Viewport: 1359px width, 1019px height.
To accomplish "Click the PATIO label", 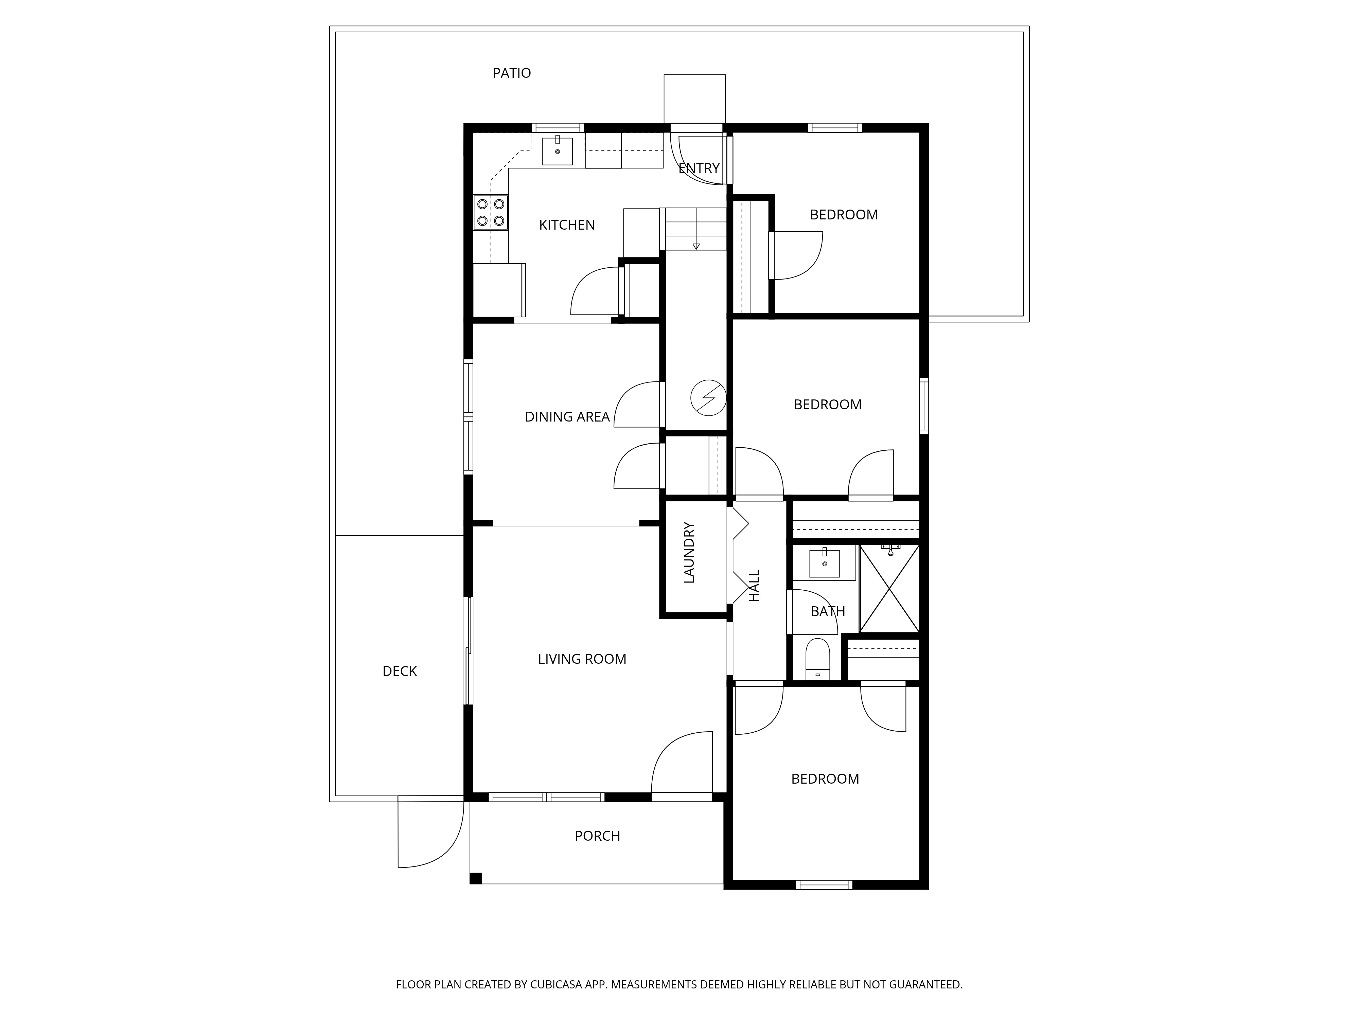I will point(511,73).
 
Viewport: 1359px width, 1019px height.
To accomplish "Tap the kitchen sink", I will point(557,151).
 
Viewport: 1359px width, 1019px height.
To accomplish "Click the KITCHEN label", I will point(566,225).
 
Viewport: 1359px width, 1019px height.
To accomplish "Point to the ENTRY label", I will point(699,168).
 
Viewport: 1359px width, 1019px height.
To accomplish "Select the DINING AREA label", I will point(566,416).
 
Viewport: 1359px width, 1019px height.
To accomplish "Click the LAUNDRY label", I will point(689,552).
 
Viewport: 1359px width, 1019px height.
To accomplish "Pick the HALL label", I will point(755,585).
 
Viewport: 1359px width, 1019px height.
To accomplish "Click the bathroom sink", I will point(825,562).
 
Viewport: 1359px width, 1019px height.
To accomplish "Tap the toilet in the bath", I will point(817,659).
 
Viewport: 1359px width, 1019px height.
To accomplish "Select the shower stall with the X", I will point(889,588).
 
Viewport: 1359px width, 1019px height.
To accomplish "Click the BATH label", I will point(828,611).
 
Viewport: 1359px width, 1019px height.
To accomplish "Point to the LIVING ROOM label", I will point(582,659).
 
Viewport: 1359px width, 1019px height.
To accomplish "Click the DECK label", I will point(399,671).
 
